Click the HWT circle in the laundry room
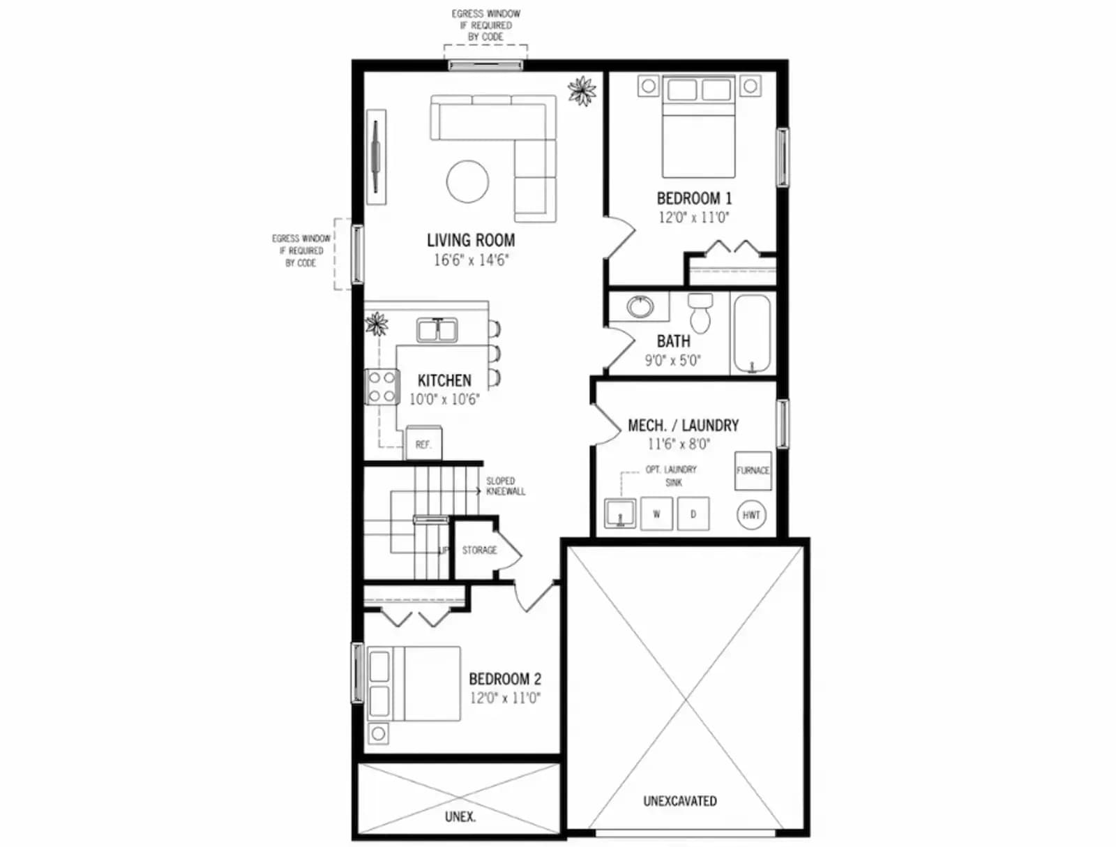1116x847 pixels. (x=751, y=515)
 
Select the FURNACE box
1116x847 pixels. (x=753, y=471)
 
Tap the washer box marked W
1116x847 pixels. (x=656, y=514)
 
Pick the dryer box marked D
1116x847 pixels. (x=693, y=514)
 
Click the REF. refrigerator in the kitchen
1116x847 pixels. (x=423, y=443)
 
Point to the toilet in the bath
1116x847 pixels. (x=700, y=313)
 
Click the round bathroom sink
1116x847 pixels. (x=640, y=306)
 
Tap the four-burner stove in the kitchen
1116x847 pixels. (x=382, y=387)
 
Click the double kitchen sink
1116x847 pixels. (x=437, y=330)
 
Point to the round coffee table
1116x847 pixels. (x=468, y=181)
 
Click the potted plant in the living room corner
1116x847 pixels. (x=582, y=91)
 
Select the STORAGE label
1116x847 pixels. (x=479, y=550)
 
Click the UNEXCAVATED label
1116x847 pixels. (x=680, y=801)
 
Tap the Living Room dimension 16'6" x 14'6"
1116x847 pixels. (x=472, y=260)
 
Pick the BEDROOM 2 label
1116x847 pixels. (x=505, y=679)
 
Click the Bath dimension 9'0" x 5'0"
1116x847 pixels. (x=673, y=361)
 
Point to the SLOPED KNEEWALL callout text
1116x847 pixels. (x=506, y=486)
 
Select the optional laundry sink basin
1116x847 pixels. (x=620, y=513)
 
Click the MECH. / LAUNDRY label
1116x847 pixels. (x=684, y=425)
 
